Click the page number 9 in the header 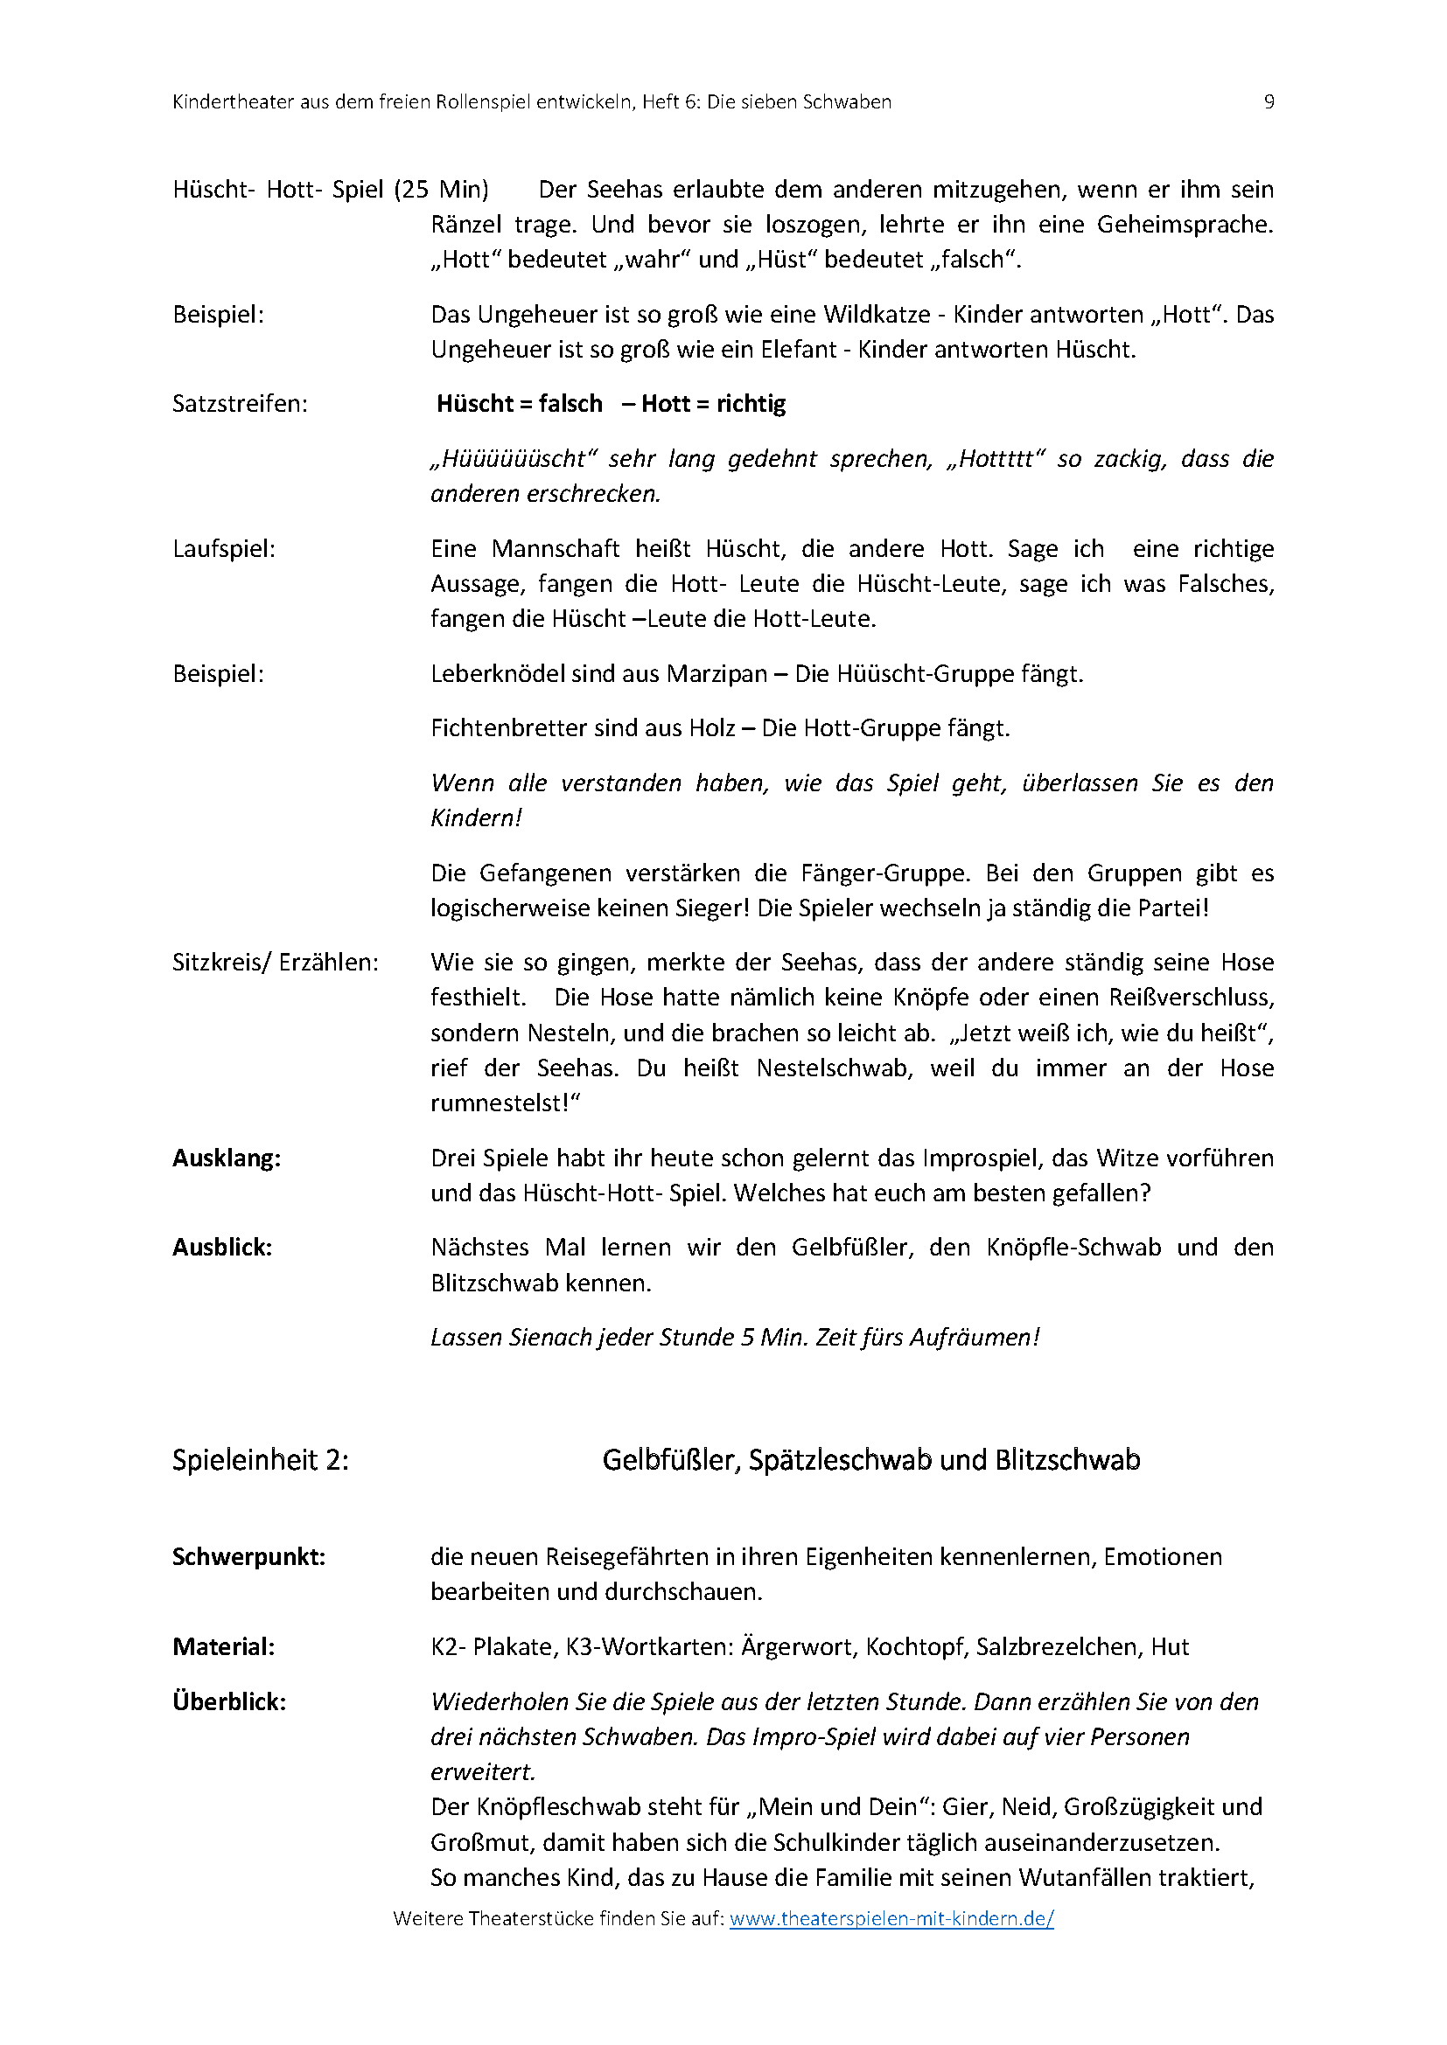click(1269, 101)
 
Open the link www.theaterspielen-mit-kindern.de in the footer click(891, 1918)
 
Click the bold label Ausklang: click(227, 1158)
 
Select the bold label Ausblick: click(222, 1247)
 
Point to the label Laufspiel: click(224, 549)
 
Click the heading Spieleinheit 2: click(260, 1460)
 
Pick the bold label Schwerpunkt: click(248, 1557)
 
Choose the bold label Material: click(224, 1647)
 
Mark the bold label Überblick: click(229, 1701)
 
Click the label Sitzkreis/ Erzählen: click(276, 962)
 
